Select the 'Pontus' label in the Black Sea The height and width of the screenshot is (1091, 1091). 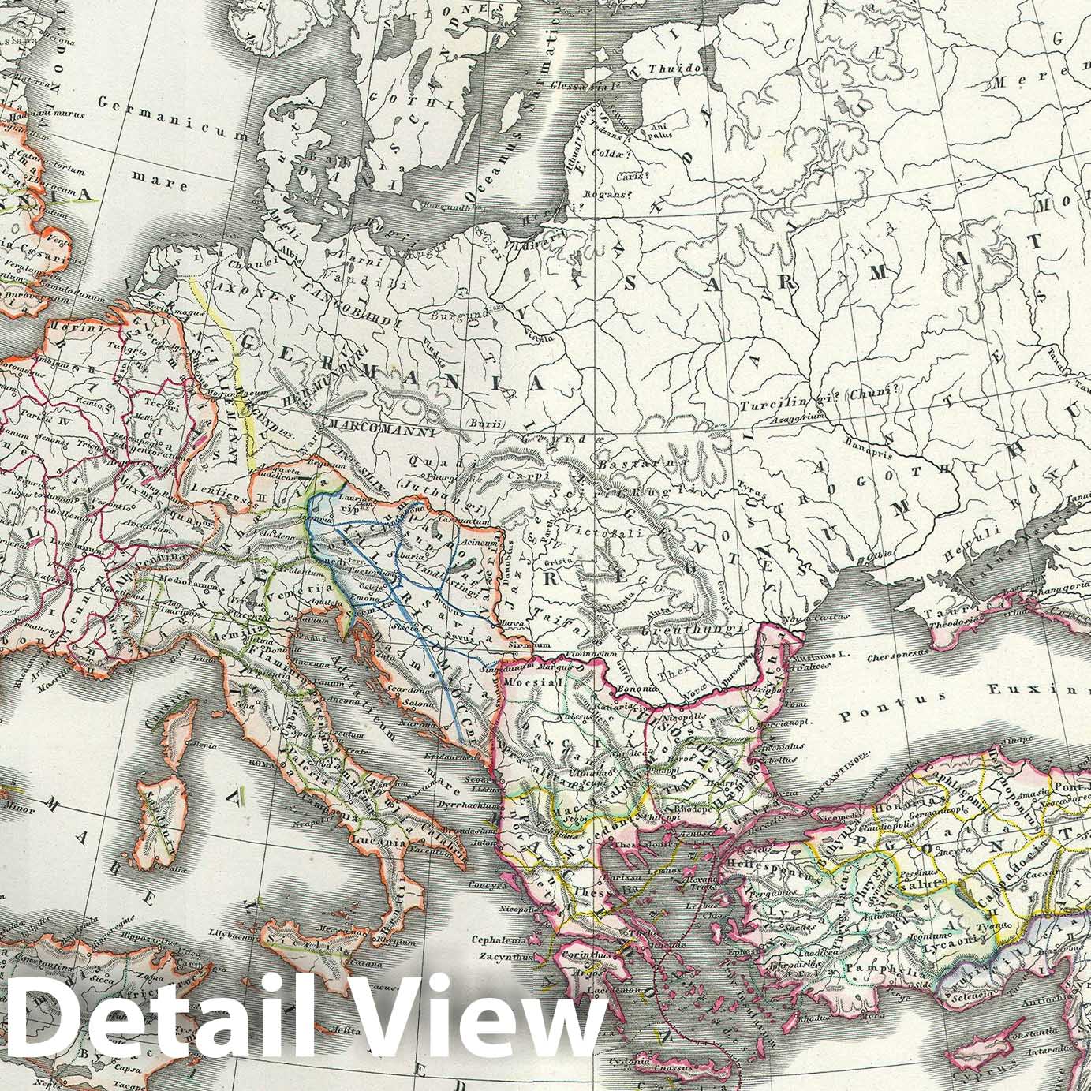[x=870, y=716]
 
